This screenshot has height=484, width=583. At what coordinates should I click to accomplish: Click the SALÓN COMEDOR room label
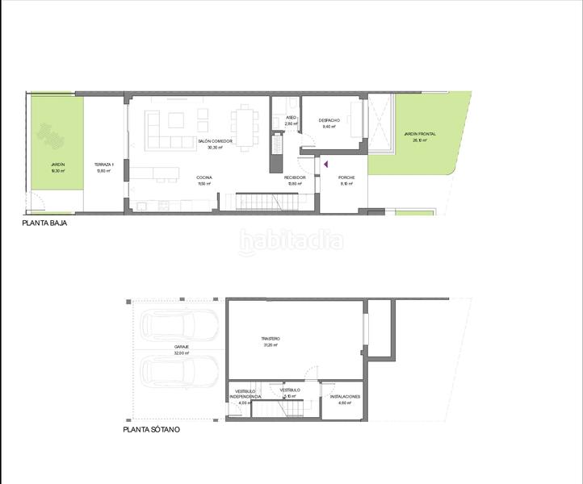coord(215,141)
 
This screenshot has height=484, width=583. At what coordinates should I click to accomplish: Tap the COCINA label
coord(203,177)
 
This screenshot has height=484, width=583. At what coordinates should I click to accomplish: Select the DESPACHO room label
coord(329,121)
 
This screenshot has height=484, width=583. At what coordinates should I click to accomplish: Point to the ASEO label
coord(291,118)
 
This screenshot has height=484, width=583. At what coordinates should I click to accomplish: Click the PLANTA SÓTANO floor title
coord(151,430)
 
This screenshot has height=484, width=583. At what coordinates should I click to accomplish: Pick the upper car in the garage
coord(179,326)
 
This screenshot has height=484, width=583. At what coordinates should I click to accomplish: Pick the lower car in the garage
coord(179,372)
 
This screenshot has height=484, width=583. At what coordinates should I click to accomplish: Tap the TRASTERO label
coord(270,339)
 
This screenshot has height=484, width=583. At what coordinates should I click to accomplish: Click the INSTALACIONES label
coord(345,398)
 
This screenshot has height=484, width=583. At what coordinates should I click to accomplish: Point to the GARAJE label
coord(181,348)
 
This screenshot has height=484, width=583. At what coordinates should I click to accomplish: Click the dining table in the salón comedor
coord(244,125)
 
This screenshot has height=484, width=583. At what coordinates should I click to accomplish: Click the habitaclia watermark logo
coord(291,240)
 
